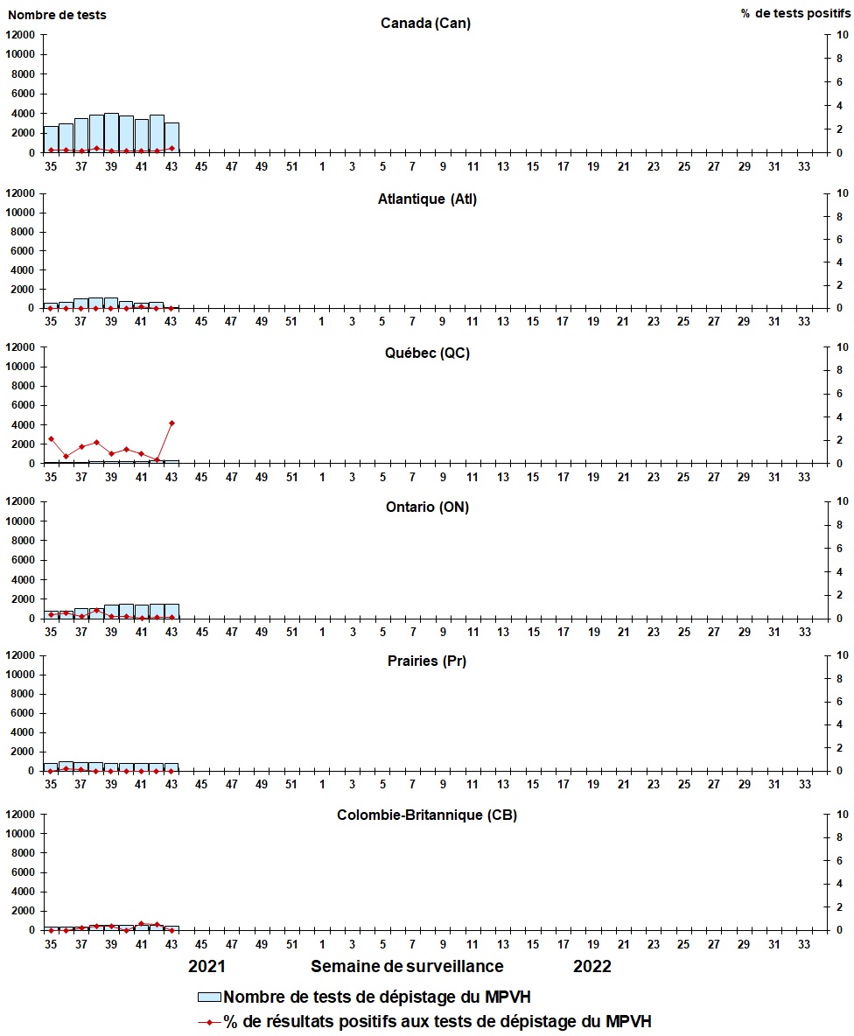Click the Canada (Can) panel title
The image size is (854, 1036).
pyautogui.click(x=425, y=24)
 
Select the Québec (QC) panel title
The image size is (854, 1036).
pyautogui.click(x=426, y=353)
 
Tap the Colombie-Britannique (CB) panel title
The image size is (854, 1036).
pyautogui.click(x=426, y=815)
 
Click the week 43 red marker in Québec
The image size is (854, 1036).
pyautogui.click(x=171, y=423)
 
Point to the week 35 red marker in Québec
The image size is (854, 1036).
pyautogui.click(x=51, y=438)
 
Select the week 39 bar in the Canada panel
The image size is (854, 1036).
pyautogui.click(x=111, y=133)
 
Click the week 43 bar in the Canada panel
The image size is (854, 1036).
pyautogui.click(x=171, y=137)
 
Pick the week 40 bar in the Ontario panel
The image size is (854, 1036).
pyautogui.click(x=126, y=611)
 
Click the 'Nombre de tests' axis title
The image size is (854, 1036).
pyautogui.click(x=57, y=15)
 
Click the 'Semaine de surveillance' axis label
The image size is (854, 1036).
pyautogui.click(x=407, y=967)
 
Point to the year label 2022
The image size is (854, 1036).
pyautogui.click(x=592, y=967)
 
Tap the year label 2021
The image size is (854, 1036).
pyautogui.click(x=208, y=967)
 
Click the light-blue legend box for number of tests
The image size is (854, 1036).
pyautogui.click(x=209, y=997)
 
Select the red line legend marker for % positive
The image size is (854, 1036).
pyautogui.click(x=209, y=1021)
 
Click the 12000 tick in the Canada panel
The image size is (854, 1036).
pyautogui.click(x=20, y=35)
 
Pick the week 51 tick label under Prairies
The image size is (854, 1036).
pyautogui.click(x=291, y=785)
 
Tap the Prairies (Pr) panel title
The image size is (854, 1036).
pyautogui.click(x=426, y=661)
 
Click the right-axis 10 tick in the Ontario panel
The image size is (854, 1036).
pyautogui.click(x=843, y=501)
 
